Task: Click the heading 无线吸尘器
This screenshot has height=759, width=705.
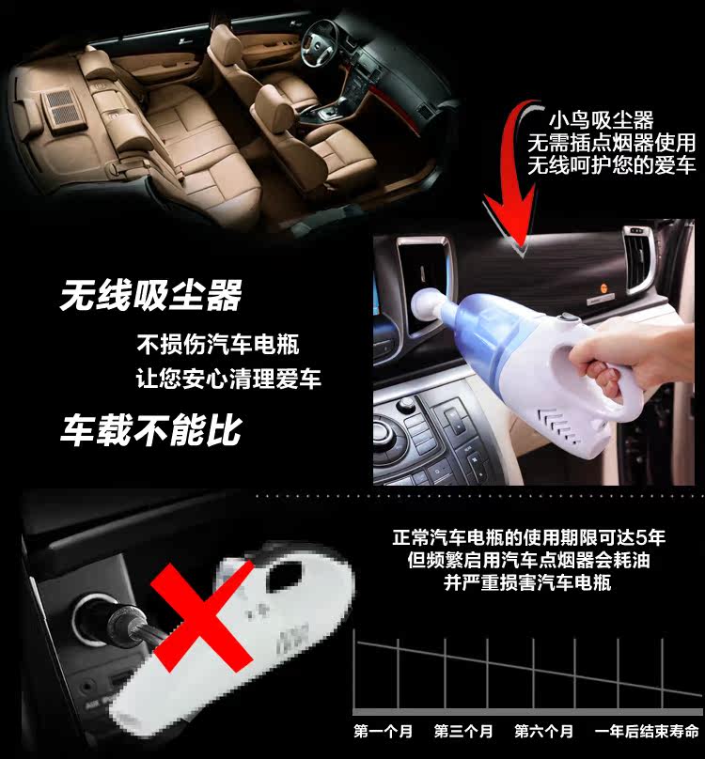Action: [x=150, y=295]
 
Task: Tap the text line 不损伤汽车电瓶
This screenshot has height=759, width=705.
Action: [x=217, y=344]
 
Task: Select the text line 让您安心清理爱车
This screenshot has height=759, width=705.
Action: [x=228, y=378]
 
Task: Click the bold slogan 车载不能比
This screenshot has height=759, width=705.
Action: [x=150, y=429]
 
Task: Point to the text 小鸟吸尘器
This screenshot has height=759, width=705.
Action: [x=601, y=120]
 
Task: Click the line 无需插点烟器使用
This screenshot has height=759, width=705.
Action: [x=612, y=143]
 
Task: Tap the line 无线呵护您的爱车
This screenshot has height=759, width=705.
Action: [x=612, y=166]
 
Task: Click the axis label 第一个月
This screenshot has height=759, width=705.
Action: [x=383, y=731]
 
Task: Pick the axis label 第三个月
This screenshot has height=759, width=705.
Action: [x=463, y=731]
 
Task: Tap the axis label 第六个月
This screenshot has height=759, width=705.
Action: [x=543, y=731]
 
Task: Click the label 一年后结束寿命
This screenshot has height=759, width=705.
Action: [x=647, y=731]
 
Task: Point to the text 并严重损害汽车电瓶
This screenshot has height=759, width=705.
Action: [x=527, y=582]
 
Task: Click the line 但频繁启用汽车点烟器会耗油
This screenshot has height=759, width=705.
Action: [x=528, y=560]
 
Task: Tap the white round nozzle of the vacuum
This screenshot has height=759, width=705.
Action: [x=429, y=312]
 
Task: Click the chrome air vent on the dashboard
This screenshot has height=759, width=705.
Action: [x=638, y=259]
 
